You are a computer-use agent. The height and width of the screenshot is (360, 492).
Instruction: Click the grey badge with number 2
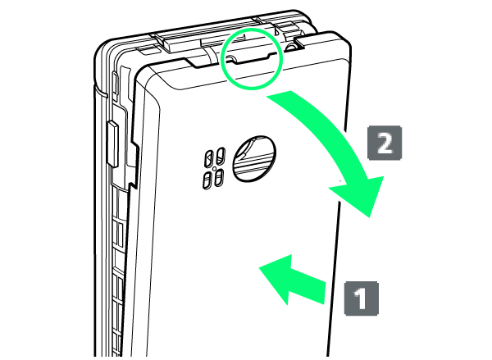click(385, 143)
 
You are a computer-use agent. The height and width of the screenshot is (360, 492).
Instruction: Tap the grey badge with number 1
click(361, 298)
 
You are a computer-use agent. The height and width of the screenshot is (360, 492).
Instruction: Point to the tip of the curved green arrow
click(370, 217)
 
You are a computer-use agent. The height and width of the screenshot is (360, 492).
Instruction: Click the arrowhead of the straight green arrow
click(259, 267)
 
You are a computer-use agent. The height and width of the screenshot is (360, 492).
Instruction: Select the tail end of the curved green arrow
click(280, 94)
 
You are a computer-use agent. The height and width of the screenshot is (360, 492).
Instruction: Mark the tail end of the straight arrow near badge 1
click(325, 293)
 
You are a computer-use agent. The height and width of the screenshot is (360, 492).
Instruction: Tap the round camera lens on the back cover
click(254, 159)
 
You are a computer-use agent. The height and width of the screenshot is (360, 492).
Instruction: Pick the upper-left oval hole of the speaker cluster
click(209, 158)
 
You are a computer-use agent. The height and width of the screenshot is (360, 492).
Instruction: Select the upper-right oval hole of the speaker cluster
click(221, 155)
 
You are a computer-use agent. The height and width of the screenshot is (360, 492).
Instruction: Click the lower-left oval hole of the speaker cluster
click(207, 181)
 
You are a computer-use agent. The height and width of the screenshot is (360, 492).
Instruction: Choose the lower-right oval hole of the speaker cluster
click(219, 178)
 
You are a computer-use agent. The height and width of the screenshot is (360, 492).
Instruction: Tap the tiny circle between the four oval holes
click(214, 169)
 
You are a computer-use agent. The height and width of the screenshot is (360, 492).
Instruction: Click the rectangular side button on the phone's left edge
click(112, 144)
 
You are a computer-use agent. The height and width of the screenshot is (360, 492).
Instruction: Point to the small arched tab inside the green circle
click(230, 59)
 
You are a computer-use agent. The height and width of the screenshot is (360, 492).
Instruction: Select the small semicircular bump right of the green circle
click(291, 47)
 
